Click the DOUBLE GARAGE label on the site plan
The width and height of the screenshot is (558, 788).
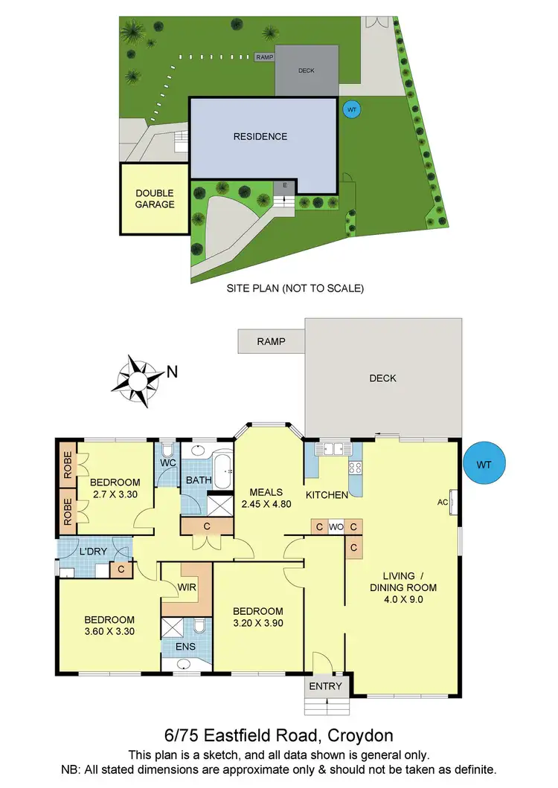click(155, 198)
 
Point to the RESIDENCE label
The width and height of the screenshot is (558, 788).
click(260, 137)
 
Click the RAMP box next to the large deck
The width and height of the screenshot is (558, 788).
click(271, 342)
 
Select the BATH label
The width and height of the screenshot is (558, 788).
click(199, 481)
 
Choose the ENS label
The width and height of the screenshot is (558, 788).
click(185, 647)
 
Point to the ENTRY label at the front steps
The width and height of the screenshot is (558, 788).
click(326, 686)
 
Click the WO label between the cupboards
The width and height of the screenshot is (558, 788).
click(336, 527)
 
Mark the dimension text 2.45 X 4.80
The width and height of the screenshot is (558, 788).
click(266, 503)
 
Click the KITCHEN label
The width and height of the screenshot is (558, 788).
click(327, 494)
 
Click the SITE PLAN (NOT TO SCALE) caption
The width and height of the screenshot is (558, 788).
click(295, 288)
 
